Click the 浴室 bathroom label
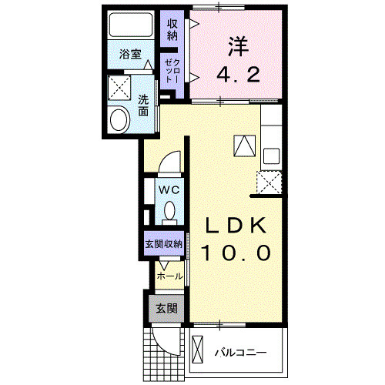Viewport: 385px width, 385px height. click(x=130, y=55)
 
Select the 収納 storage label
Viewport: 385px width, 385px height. click(x=172, y=29)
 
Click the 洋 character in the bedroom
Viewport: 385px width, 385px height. click(x=236, y=46)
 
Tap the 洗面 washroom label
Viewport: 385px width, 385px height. click(x=144, y=105)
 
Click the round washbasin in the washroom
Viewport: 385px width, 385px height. click(x=119, y=119)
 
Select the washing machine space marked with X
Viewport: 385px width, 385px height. click(x=119, y=89)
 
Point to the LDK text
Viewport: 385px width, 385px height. click(x=236, y=225)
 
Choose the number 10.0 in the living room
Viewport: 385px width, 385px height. click(x=236, y=253)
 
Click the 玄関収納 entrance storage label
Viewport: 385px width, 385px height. click(x=162, y=244)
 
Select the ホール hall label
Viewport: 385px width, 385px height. click(x=169, y=276)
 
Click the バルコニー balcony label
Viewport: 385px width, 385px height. click(x=239, y=353)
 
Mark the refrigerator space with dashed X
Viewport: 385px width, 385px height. click(x=270, y=182)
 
